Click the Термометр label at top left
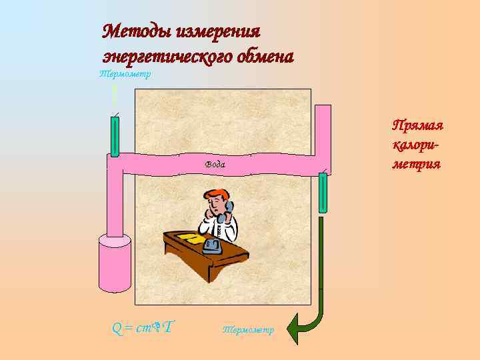point(124,74)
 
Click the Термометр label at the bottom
point(247,329)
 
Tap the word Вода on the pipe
point(215,164)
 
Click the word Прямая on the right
point(418,126)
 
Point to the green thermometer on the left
point(115,137)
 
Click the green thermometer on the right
point(323,193)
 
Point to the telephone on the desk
point(212,246)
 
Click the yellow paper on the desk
point(189,237)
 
